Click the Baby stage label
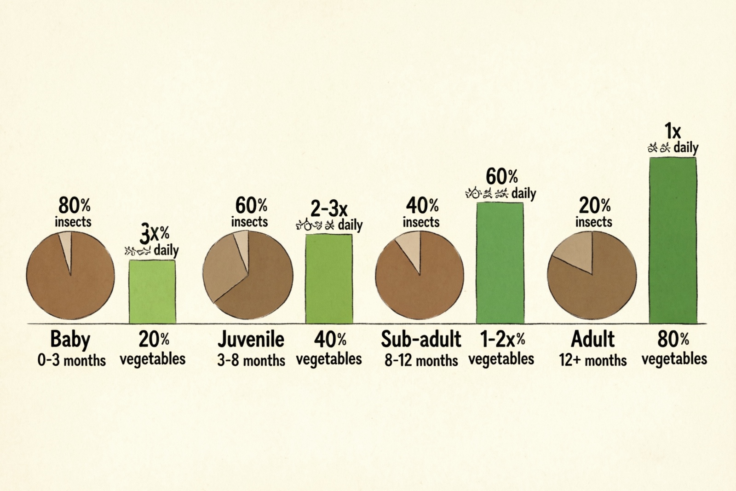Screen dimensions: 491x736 (x=70, y=340)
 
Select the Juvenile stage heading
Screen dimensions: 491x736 (x=251, y=340)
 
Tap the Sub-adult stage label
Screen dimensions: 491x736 (x=420, y=340)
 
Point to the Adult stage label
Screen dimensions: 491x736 (x=592, y=340)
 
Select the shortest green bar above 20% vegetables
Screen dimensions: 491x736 (x=152, y=292)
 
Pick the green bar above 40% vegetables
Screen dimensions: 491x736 (x=329, y=279)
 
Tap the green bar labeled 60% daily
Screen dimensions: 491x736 (x=500, y=263)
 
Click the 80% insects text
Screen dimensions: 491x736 (x=74, y=212)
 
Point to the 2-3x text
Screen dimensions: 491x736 (x=328, y=209)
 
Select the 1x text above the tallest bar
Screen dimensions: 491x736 (x=673, y=132)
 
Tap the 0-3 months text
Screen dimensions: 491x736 (x=71, y=360)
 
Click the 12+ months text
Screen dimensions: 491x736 (x=592, y=360)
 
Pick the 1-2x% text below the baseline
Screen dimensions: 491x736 (x=502, y=340)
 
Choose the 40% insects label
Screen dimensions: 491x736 (x=421, y=212)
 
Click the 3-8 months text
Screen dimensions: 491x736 (x=251, y=360)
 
